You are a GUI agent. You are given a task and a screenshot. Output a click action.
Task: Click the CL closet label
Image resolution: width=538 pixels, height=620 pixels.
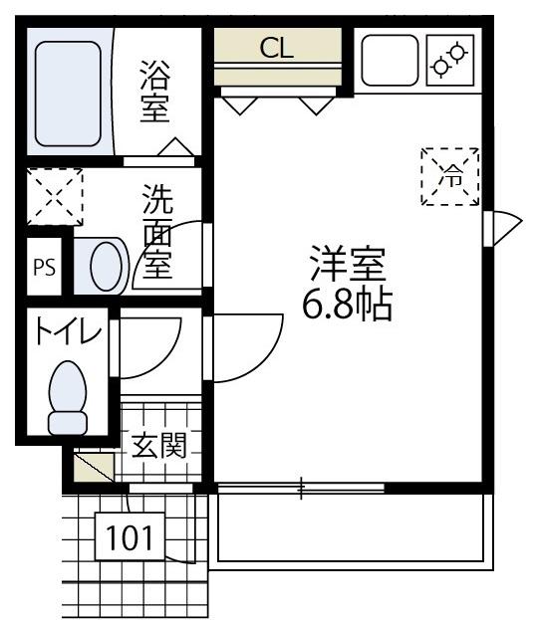[277, 48]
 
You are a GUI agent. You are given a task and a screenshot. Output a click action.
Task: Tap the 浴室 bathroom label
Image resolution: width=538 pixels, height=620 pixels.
[154, 93]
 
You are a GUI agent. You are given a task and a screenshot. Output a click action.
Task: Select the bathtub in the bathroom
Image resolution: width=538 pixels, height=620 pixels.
[69, 91]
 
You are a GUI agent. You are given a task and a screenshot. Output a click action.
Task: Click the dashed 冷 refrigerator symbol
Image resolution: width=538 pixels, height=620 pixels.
[450, 177]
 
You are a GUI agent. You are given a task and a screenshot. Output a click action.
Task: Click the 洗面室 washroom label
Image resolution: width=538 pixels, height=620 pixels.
[156, 231]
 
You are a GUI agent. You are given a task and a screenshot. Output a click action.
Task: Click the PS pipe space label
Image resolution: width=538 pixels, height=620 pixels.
[44, 267]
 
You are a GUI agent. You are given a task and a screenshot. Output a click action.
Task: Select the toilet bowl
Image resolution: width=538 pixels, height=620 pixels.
[68, 396]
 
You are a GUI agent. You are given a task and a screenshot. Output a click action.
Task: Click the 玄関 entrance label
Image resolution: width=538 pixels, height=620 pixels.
[158, 446]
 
